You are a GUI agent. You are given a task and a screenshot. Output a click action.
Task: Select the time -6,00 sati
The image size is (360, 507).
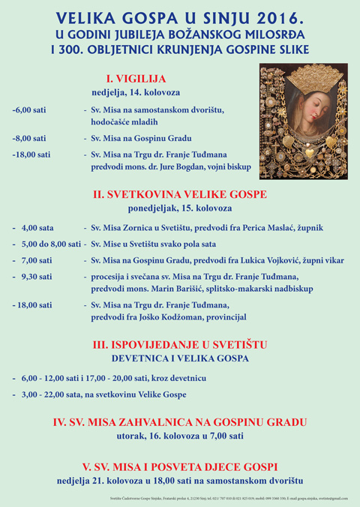pyautogui.click(x=29, y=110)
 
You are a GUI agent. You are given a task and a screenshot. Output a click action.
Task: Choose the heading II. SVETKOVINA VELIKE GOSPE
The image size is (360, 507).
pyautogui.click(x=180, y=194)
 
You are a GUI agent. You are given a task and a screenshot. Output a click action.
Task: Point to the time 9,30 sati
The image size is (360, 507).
pyautogui.click(x=37, y=276)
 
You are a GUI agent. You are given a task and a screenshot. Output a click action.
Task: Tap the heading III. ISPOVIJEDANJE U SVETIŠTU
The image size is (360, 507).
pyautogui.click(x=180, y=344)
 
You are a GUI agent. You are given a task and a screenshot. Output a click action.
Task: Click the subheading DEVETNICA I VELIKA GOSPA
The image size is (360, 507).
pyautogui.click(x=180, y=358)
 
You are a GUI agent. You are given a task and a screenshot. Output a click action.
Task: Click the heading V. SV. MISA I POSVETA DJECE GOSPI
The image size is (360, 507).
pyautogui.click(x=180, y=464)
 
